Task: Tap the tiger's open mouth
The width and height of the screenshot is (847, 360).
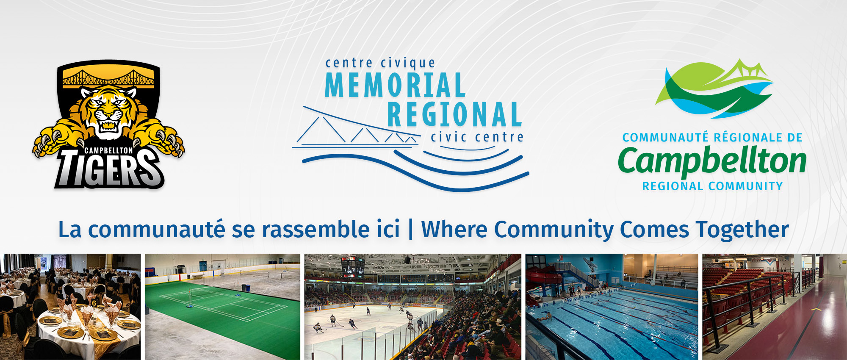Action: [108, 125]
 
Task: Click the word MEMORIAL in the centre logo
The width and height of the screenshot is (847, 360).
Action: [395, 85]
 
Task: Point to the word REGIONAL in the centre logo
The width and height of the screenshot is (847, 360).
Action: [454, 114]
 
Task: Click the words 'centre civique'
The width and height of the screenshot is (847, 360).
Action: [380, 63]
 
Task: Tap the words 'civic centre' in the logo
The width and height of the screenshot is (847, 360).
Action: [477, 137]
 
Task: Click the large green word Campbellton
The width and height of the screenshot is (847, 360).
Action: [712, 161]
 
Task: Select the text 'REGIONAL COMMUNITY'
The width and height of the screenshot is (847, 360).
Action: [712, 186]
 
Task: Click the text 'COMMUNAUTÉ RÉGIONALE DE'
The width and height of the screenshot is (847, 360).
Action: [712, 137]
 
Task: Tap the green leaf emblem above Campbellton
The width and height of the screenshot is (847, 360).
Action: [714, 89]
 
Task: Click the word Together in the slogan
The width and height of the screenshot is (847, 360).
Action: [742, 230]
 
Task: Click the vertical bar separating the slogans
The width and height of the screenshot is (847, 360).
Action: [410, 230]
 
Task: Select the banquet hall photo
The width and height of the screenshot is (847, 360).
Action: [70, 307]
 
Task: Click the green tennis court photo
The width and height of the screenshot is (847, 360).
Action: [222, 307]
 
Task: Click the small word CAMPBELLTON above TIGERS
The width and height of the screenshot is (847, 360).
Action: [108, 150]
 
